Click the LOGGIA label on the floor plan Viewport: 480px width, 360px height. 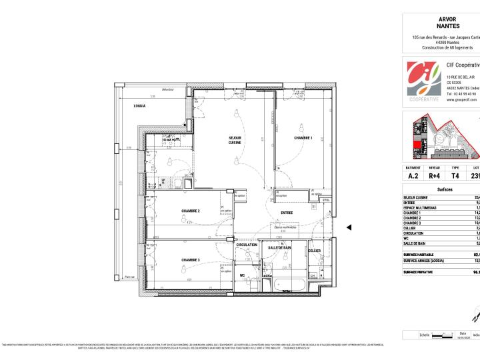(139, 107)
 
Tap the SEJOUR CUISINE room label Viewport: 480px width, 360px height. (235, 140)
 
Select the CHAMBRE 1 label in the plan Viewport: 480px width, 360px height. (303, 138)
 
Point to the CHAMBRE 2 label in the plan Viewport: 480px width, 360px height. (191, 211)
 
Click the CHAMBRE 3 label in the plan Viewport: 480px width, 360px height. (191, 260)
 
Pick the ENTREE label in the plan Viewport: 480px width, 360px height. (287, 213)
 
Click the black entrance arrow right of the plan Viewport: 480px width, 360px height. (349, 227)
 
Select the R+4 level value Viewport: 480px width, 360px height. (434, 176)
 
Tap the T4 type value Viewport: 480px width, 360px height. (455, 176)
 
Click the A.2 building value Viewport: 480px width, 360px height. (413, 176)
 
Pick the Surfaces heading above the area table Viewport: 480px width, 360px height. (445, 189)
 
